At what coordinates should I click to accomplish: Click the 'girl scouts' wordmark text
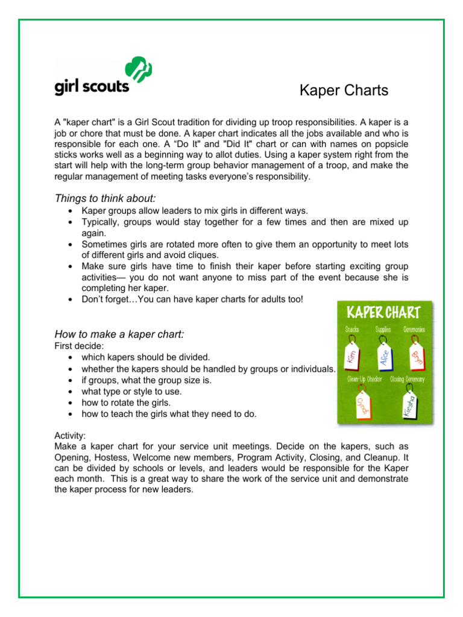(92, 86)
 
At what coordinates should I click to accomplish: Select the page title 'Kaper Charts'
(344, 90)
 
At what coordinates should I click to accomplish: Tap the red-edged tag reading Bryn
(417, 355)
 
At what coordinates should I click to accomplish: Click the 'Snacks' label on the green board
(353, 330)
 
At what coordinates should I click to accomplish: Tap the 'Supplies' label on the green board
(383, 330)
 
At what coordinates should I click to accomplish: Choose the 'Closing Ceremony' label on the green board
(408, 379)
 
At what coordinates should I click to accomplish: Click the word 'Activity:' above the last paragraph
(70, 434)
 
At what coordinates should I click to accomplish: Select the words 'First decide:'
(79, 346)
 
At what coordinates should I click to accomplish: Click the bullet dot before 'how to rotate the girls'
(72, 402)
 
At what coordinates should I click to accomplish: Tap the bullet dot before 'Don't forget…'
(72, 300)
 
